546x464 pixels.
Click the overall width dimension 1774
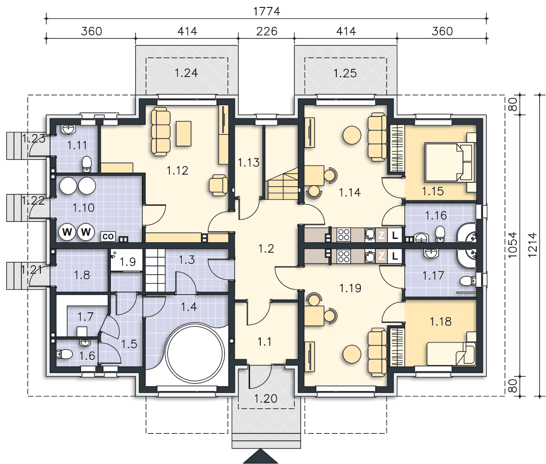pyautogui.click(x=266, y=12)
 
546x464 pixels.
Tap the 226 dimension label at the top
pyautogui.click(x=267, y=32)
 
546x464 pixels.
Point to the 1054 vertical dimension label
pyautogui.click(x=513, y=245)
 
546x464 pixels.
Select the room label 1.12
pyautogui.click(x=177, y=170)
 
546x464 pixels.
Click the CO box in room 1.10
pyautogui.click(x=108, y=237)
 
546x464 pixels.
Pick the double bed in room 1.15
pyautogui.click(x=448, y=162)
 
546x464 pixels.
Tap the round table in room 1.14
pyautogui.click(x=352, y=135)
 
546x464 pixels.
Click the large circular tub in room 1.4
pyautogui.click(x=195, y=353)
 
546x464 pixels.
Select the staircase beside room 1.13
pyautogui.click(x=283, y=183)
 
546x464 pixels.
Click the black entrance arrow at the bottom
pyautogui.click(x=260, y=456)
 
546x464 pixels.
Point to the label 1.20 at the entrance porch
pyautogui.click(x=265, y=399)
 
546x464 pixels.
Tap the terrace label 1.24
pyautogui.click(x=186, y=73)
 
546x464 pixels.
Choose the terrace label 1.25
pyautogui.click(x=345, y=73)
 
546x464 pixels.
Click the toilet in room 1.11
pyautogui.click(x=87, y=164)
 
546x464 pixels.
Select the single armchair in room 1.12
pyautogui.click(x=218, y=185)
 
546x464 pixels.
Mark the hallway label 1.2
pyautogui.click(x=266, y=249)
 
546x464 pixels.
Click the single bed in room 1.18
pyautogui.click(x=450, y=354)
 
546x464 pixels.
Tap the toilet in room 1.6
pyautogui.click(x=64, y=354)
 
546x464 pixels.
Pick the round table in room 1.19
pyautogui.click(x=352, y=354)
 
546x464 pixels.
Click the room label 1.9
pyautogui.click(x=128, y=262)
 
